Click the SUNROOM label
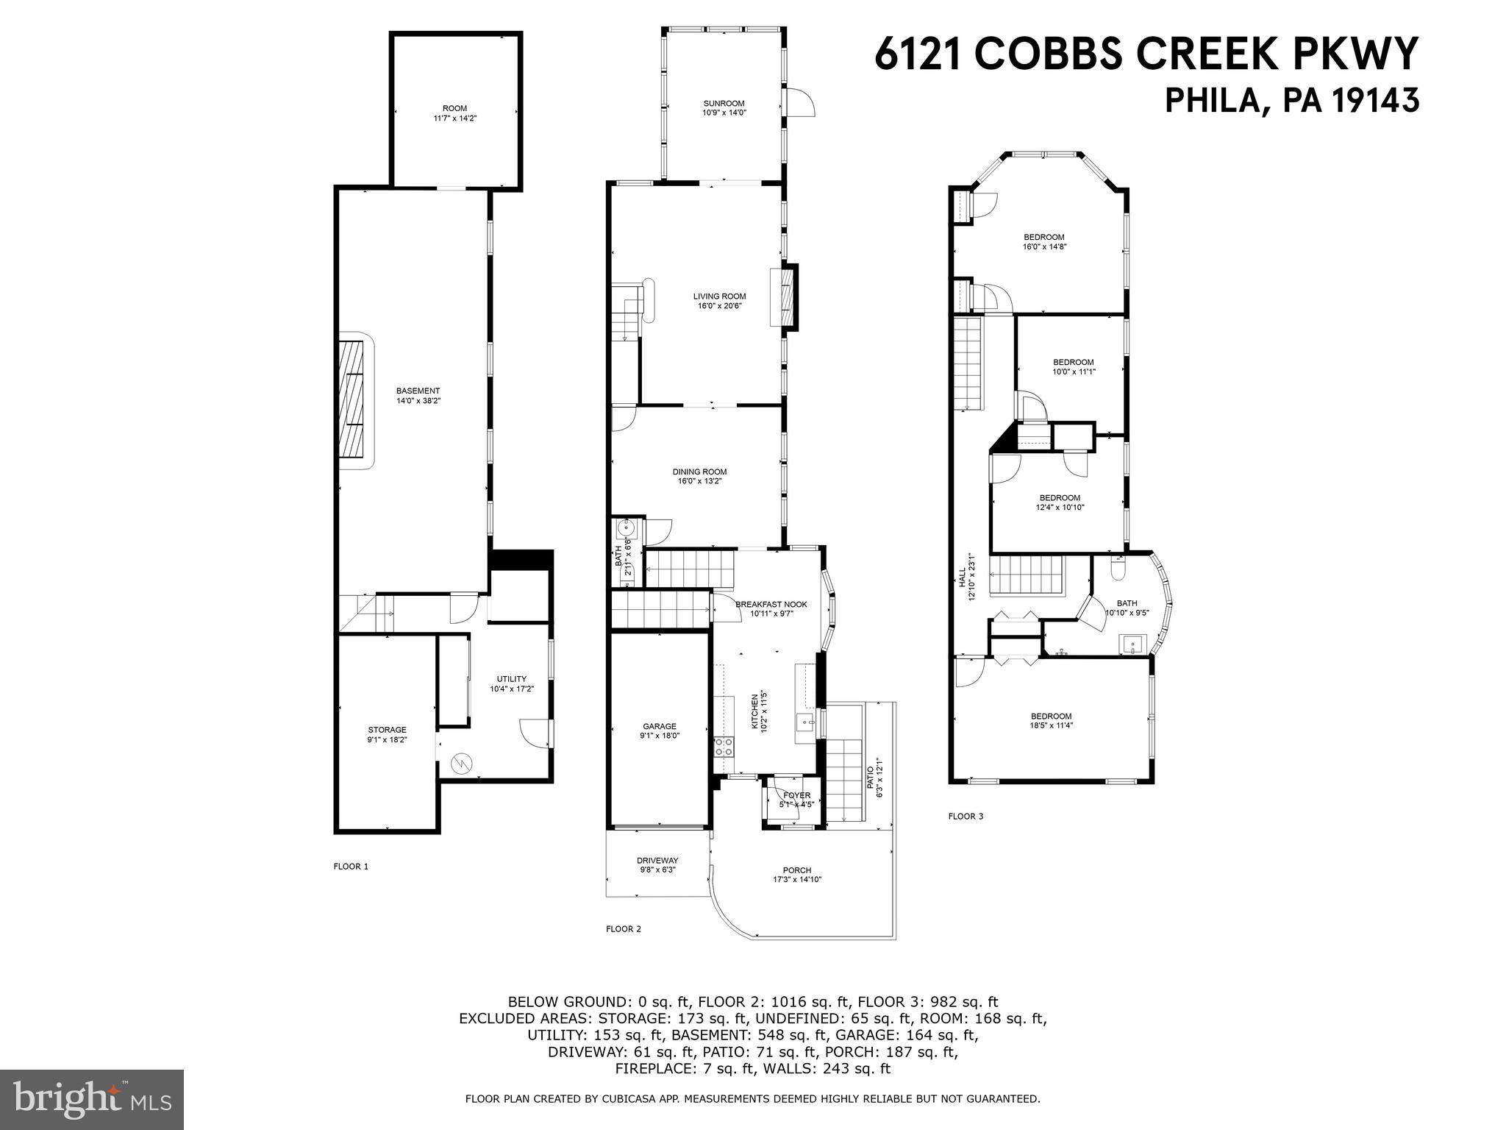(x=724, y=104)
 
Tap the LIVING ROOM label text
(x=719, y=296)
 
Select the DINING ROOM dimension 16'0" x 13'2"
(x=699, y=481)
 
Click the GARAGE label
(x=659, y=726)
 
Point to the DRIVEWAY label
(x=657, y=860)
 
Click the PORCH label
(x=796, y=870)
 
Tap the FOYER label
(x=796, y=795)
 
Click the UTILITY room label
(x=511, y=679)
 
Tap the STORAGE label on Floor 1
(x=387, y=730)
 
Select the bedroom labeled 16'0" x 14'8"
(x=1043, y=242)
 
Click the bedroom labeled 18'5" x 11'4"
(x=1051, y=720)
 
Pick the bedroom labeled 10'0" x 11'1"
(x=1073, y=366)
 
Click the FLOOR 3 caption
(x=965, y=816)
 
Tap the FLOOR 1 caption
(x=351, y=866)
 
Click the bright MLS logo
(x=92, y=1099)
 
